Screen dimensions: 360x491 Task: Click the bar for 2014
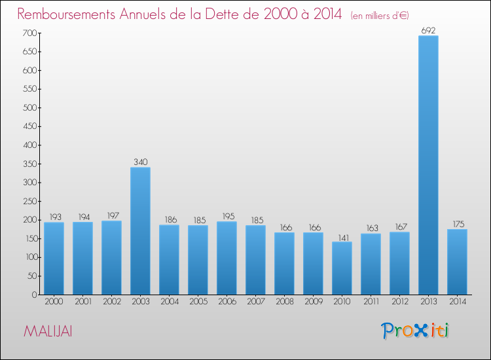click(457, 261)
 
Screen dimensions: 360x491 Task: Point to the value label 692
click(428, 30)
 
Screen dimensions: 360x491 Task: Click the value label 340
click(140, 162)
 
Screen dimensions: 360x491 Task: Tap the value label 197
click(111, 215)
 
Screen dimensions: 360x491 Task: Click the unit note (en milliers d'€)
click(380, 15)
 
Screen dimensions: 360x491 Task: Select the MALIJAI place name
click(48, 331)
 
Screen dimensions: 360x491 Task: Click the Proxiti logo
click(416, 331)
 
